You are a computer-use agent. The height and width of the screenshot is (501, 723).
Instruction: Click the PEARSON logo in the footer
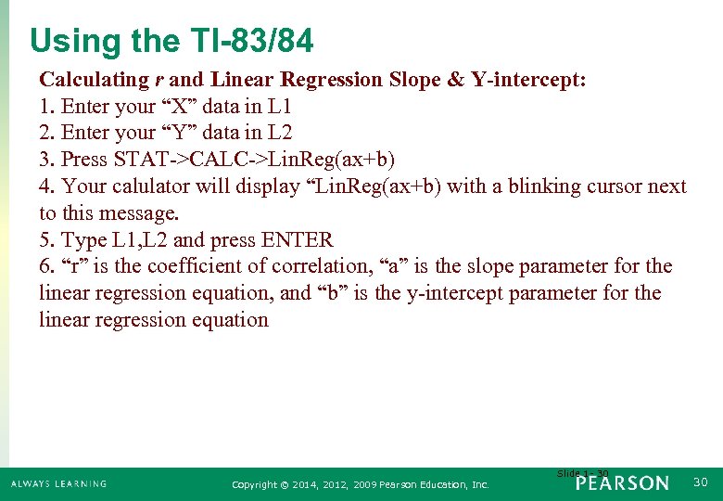click(621, 483)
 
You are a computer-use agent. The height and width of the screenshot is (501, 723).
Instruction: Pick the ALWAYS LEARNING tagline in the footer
click(58, 484)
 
